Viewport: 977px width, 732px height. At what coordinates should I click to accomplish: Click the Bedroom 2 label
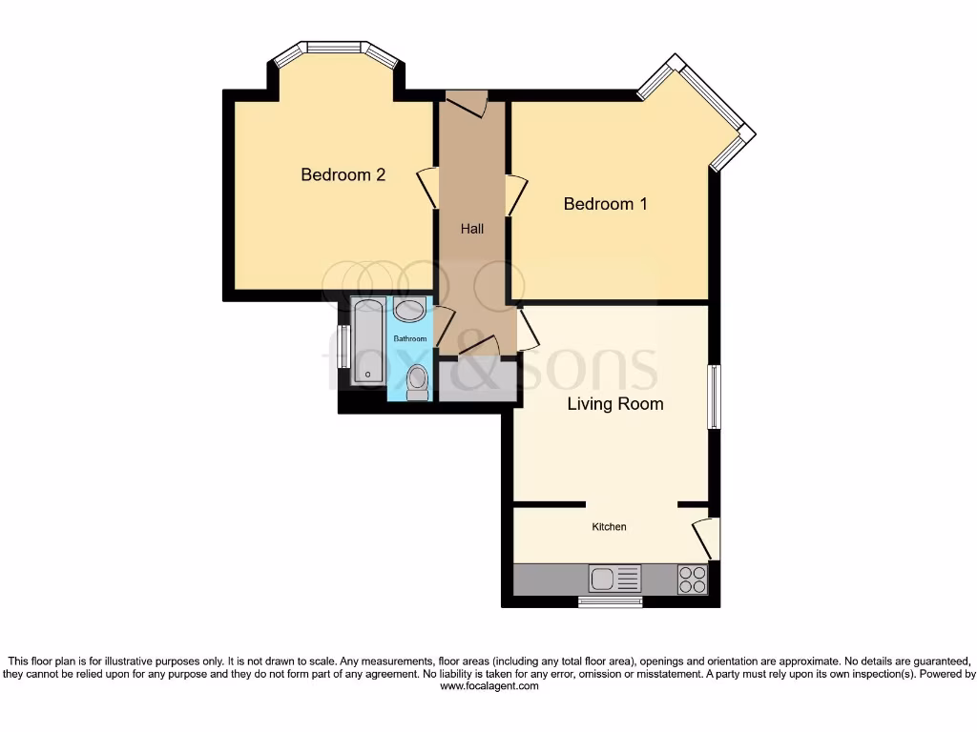tap(343, 174)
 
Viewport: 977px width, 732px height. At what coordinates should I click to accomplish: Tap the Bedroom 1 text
tap(605, 203)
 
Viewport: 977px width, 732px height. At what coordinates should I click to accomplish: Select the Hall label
tap(471, 229)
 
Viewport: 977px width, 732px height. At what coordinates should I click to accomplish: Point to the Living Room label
tap(614, 403)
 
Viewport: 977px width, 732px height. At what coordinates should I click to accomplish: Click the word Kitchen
tap(609, 527)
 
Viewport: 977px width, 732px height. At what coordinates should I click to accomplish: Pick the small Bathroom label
tap(409, 338)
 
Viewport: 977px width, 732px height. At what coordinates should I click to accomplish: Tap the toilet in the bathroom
tap(417, 381)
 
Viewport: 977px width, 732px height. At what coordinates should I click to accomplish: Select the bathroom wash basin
tap(410, 310)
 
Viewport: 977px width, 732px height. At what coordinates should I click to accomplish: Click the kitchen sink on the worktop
tap(614, 579)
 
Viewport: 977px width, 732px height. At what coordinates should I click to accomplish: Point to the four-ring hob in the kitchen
tap(693, 579)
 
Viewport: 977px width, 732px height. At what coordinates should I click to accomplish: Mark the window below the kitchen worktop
tap(611, 601)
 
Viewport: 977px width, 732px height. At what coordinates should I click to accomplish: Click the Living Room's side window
tap(712, 396)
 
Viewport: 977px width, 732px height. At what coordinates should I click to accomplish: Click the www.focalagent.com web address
tap(488, 685)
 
